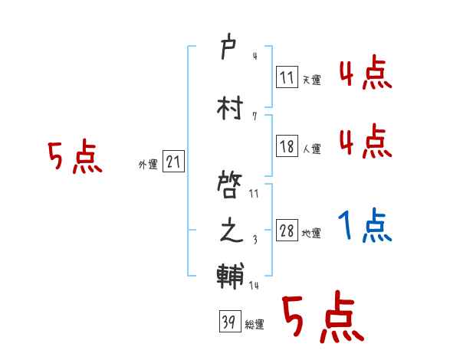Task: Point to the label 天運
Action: coord(311,79)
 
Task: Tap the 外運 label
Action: coord(148,165)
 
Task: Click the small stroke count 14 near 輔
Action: coord(254,285)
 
